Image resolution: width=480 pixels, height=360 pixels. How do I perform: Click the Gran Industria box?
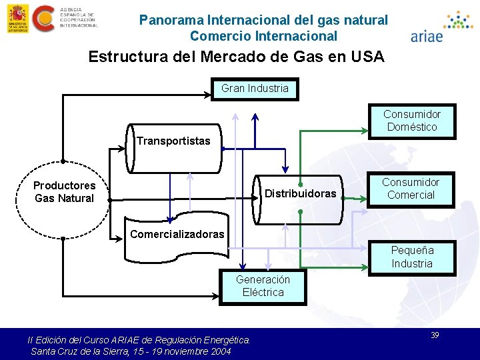pos(255,89)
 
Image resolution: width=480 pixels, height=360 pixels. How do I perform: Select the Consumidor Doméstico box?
pos(412,121)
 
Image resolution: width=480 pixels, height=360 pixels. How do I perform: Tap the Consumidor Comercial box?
pos(411,189)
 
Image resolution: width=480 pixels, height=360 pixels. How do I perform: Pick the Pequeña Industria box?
pos(412,257)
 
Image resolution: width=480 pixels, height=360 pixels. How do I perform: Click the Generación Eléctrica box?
pos(263,287)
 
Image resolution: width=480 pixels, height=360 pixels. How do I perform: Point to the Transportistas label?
pos(173,141)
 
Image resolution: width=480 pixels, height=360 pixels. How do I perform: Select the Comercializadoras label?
pos(177,234)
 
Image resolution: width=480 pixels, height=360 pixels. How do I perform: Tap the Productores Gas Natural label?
pos(64,192)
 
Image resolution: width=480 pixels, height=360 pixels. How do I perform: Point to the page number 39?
pos(435,335)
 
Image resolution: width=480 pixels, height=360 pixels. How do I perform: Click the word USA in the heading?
pos(365,57)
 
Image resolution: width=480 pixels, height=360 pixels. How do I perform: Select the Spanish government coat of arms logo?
pos(16,18)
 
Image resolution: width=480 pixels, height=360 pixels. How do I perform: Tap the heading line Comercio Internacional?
pos(263,36)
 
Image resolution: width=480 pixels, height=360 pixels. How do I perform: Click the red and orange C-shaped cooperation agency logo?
pos(43,18)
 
